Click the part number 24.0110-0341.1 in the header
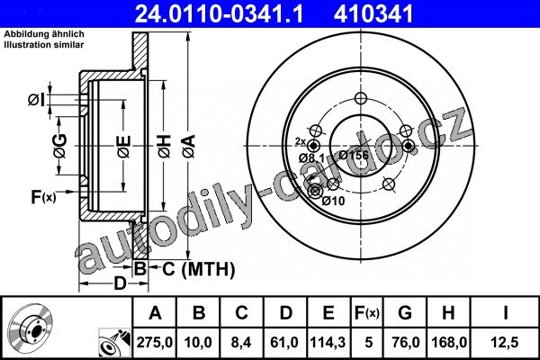click(219, 14)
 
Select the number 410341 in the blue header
click(373, 14)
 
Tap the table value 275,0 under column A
click(155, 342)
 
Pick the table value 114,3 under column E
click(328, 342)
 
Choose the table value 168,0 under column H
click(449, 342)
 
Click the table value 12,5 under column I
click(505, 342)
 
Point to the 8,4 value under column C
click(241, 342)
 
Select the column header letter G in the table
click(405, 313)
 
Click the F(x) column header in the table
click(367, 313)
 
